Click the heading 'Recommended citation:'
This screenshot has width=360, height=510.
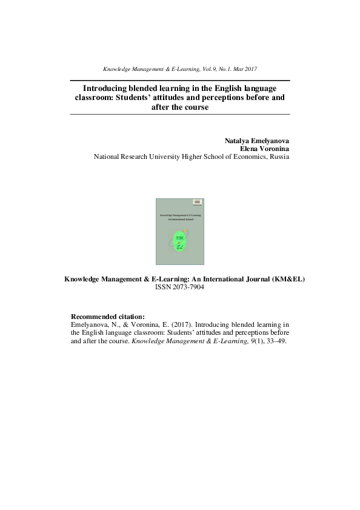[x=108, y=317]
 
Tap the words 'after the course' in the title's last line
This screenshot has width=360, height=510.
[x=180, y=107]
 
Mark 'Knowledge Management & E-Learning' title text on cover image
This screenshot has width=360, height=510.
[x=180, y=215]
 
